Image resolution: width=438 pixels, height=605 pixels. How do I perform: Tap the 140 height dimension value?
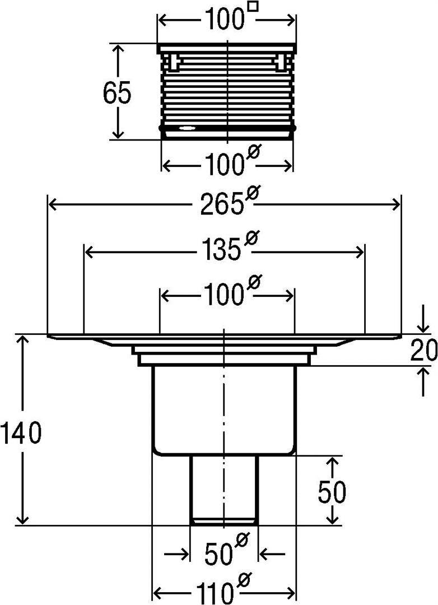click(x=21, y=434)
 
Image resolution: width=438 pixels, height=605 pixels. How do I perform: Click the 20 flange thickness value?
click(x=423, y=351)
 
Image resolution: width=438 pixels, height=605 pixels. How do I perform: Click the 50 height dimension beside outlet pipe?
click(x=332, y=492)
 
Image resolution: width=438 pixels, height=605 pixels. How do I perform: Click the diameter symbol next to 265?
click(x=253, y=194)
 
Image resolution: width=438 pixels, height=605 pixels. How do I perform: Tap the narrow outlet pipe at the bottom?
click(x=224, y=490)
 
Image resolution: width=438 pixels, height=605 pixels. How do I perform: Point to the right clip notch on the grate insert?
click(x=280, y=62)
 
